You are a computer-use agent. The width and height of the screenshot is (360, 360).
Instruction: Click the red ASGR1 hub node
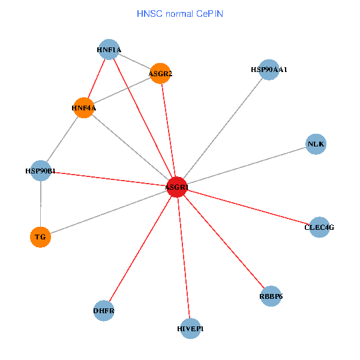click(177, 187)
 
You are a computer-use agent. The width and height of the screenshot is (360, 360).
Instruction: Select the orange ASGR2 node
click(160, 74)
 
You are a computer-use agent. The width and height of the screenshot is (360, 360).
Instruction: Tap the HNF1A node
click(109, 50)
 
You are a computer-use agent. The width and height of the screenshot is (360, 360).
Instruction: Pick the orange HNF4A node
click(83, 108)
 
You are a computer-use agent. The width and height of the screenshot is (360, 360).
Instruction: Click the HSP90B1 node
click(40, 171)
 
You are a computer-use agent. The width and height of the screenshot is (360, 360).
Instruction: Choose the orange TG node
click(40, 237)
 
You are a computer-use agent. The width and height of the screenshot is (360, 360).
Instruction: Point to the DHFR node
click(104, 311)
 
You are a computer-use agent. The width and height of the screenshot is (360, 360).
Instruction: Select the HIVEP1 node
click(190, 329)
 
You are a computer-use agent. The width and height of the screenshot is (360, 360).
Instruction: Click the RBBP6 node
click(271, 296)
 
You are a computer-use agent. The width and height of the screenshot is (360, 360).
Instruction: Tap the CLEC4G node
click(319, 227)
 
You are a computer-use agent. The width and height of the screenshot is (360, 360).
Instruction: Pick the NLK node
click(316, 144)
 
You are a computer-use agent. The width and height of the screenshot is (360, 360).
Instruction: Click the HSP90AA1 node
click(269, 70)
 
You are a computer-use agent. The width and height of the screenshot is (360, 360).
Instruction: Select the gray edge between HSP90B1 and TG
click(40, 204)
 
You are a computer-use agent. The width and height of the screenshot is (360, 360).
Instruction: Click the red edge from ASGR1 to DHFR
click(140, 248)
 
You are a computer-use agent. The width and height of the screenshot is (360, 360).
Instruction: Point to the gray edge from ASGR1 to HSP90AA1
click(223, 128)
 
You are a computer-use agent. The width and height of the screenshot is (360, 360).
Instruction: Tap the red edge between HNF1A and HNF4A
click(96, 79)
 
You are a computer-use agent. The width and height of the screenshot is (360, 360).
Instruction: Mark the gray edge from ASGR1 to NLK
click(246, 166)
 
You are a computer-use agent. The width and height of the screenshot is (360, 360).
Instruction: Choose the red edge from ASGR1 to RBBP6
click(224, 241)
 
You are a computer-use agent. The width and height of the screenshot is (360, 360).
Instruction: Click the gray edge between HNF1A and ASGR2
click(134, 62)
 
